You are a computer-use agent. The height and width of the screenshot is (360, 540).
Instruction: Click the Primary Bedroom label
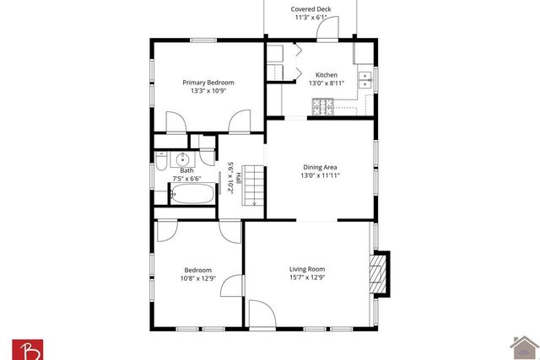208,83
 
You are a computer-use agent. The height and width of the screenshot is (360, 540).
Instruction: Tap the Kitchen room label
327,74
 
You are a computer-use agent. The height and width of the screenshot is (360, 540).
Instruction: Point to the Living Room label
307,269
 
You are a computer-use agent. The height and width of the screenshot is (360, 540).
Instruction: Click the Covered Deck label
311,9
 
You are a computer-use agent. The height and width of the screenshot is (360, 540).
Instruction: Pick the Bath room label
186,170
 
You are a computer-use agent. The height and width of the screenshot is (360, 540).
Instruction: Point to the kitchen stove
321,106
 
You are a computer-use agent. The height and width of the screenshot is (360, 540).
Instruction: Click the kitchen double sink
365,80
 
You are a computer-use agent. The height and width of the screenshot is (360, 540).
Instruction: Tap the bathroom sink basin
183,159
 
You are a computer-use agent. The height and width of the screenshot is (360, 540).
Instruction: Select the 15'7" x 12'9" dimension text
307,277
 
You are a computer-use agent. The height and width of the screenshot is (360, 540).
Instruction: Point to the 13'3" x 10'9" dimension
208,91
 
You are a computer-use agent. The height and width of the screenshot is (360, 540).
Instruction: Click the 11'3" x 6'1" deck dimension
311,18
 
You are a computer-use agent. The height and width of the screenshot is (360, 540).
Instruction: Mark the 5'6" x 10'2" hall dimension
229,178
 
